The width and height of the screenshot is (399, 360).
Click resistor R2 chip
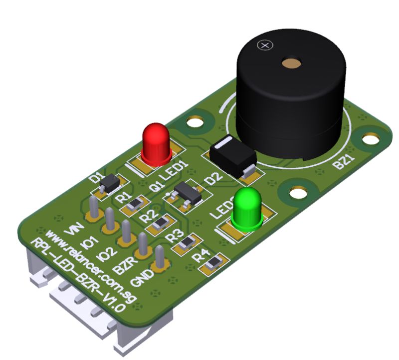(x=161, y=224)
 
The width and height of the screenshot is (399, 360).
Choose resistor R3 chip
(x=187, y=243)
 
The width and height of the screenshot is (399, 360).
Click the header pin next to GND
(x=160, y=258)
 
